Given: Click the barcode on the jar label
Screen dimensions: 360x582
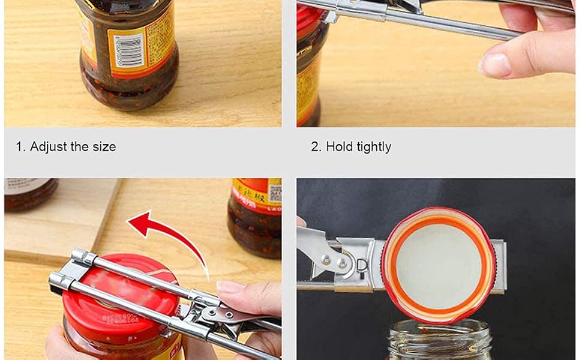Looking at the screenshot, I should pos(128,49).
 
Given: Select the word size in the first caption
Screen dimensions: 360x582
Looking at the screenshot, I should pos(104,147).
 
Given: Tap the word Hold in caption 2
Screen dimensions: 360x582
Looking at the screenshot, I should pos(340,147).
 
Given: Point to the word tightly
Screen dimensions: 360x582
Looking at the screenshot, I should pos(374,147).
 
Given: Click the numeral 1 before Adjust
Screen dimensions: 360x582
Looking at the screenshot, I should pos(19,147).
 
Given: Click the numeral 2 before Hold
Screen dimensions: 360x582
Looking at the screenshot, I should pos(315,147).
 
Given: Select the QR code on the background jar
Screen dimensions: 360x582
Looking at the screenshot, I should pos(275,193).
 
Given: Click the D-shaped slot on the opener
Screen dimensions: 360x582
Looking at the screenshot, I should pos(363,264).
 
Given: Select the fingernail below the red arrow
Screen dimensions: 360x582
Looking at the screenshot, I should pos(230,287).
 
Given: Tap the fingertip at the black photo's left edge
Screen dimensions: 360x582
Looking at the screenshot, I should pos(301,221).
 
